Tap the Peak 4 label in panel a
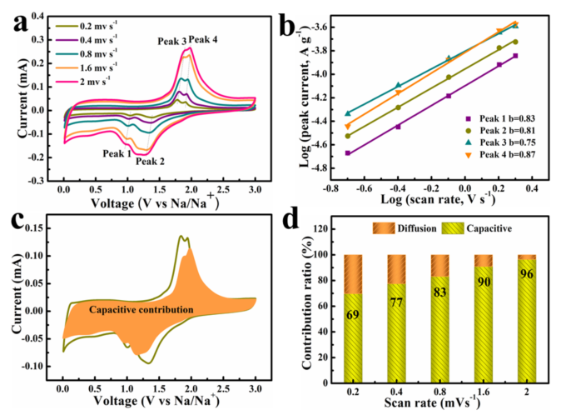coord(203,39)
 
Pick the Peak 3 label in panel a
coord(171,40)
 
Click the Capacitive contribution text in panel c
coord(141,309)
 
